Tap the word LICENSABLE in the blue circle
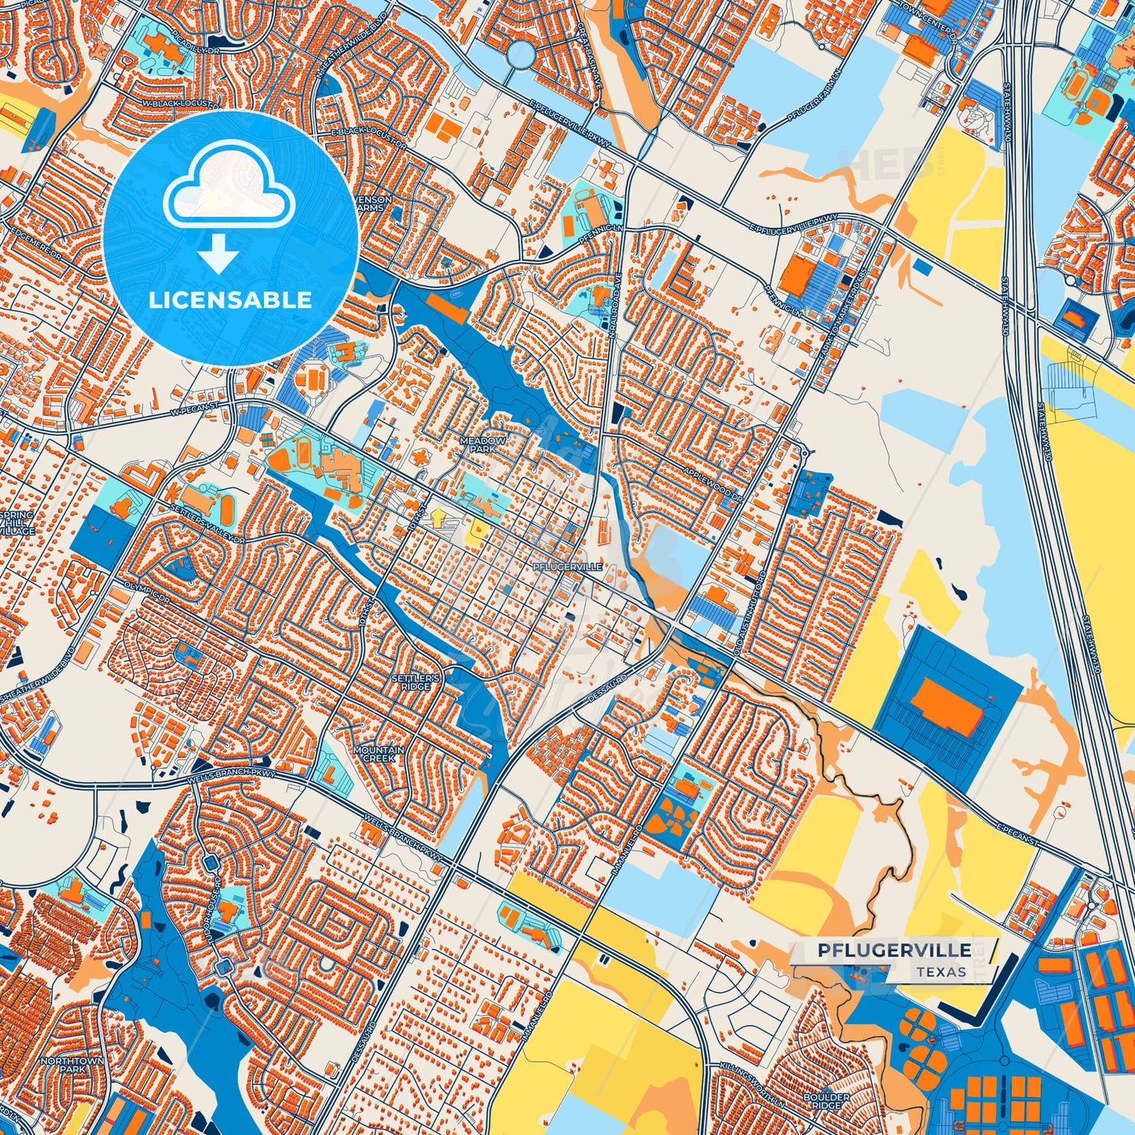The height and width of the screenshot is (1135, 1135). coord(231,300)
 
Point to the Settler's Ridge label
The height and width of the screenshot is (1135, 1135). coord(415,681)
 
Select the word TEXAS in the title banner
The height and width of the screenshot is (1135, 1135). coord(940,972)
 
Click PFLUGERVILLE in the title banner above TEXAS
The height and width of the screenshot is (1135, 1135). coord(894,950)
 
